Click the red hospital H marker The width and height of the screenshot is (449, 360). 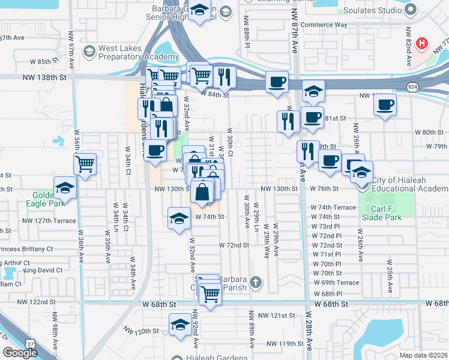coord(423,43)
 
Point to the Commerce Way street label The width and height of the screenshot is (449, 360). coord(324,25)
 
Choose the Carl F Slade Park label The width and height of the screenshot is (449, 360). coord(386,213)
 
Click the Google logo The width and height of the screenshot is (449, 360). coord(20,353)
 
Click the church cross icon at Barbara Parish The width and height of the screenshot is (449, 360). coord(255,281)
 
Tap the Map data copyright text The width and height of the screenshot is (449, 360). coord(423,355)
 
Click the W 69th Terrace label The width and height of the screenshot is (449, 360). coord(336,283)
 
